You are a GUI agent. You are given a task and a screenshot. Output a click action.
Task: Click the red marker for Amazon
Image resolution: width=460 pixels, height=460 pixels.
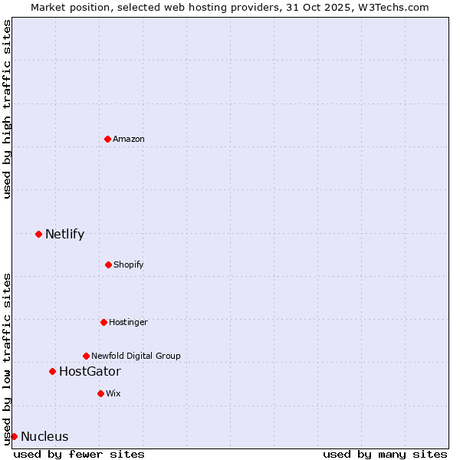107,139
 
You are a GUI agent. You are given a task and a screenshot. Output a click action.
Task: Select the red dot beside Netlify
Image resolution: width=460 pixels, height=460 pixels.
38,234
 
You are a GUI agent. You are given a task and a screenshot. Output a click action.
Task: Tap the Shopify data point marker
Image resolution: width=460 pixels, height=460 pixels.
108,264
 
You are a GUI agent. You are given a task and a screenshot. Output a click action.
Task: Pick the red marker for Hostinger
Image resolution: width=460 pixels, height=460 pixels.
103,322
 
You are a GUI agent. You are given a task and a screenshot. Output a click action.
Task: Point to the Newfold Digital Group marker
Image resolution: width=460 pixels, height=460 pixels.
86,356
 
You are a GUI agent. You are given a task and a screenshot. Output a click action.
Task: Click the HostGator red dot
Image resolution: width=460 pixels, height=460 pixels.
52,371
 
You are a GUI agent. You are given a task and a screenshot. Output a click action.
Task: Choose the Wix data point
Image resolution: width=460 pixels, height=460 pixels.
100,393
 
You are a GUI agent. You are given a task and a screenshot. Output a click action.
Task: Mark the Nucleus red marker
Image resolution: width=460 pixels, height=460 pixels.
14,436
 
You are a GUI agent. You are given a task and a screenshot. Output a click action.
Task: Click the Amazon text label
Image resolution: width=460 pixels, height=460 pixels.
129,139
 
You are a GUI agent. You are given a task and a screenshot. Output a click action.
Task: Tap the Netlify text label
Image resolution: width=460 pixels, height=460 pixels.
64,234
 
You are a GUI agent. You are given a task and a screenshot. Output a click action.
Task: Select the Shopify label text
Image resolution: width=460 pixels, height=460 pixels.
129,264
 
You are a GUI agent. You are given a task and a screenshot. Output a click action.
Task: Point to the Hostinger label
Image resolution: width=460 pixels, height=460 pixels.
128,322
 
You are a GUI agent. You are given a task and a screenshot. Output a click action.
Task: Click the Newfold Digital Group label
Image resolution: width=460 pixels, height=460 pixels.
136,356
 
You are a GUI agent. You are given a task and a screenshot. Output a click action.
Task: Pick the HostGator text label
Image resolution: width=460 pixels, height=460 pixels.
90,372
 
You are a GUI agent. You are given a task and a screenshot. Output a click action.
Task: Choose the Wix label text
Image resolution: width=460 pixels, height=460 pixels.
113,393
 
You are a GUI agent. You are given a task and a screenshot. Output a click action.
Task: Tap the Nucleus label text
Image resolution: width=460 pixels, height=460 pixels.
44,437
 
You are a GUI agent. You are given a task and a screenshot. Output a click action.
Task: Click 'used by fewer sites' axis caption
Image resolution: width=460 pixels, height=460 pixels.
79,454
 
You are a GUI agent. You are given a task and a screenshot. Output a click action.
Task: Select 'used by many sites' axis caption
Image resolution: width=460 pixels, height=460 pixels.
385,454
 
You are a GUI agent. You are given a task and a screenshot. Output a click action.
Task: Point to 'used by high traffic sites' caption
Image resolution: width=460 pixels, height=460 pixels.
8,110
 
